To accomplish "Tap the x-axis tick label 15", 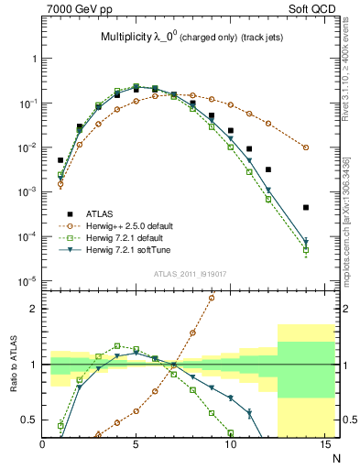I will click(323, 446).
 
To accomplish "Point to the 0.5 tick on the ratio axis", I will click(30, 420).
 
